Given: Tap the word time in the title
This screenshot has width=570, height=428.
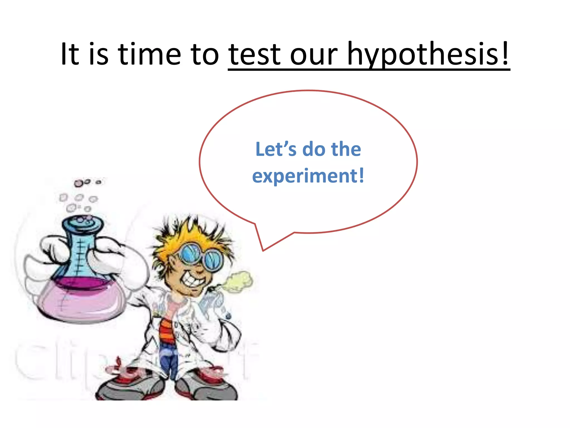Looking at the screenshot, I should [x=149, y=54].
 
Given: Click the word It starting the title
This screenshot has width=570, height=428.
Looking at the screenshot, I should [x=70, y=54].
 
